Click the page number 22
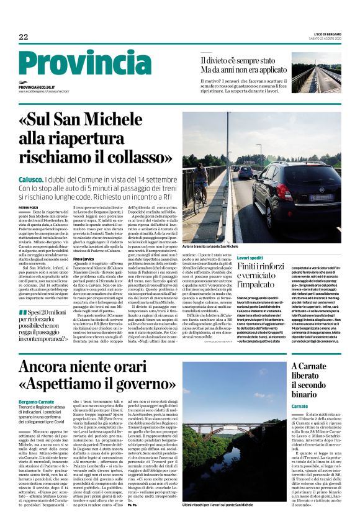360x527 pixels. (24, 37)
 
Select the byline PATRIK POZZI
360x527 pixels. (28, 207)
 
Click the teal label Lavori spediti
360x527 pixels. (251, 257)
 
